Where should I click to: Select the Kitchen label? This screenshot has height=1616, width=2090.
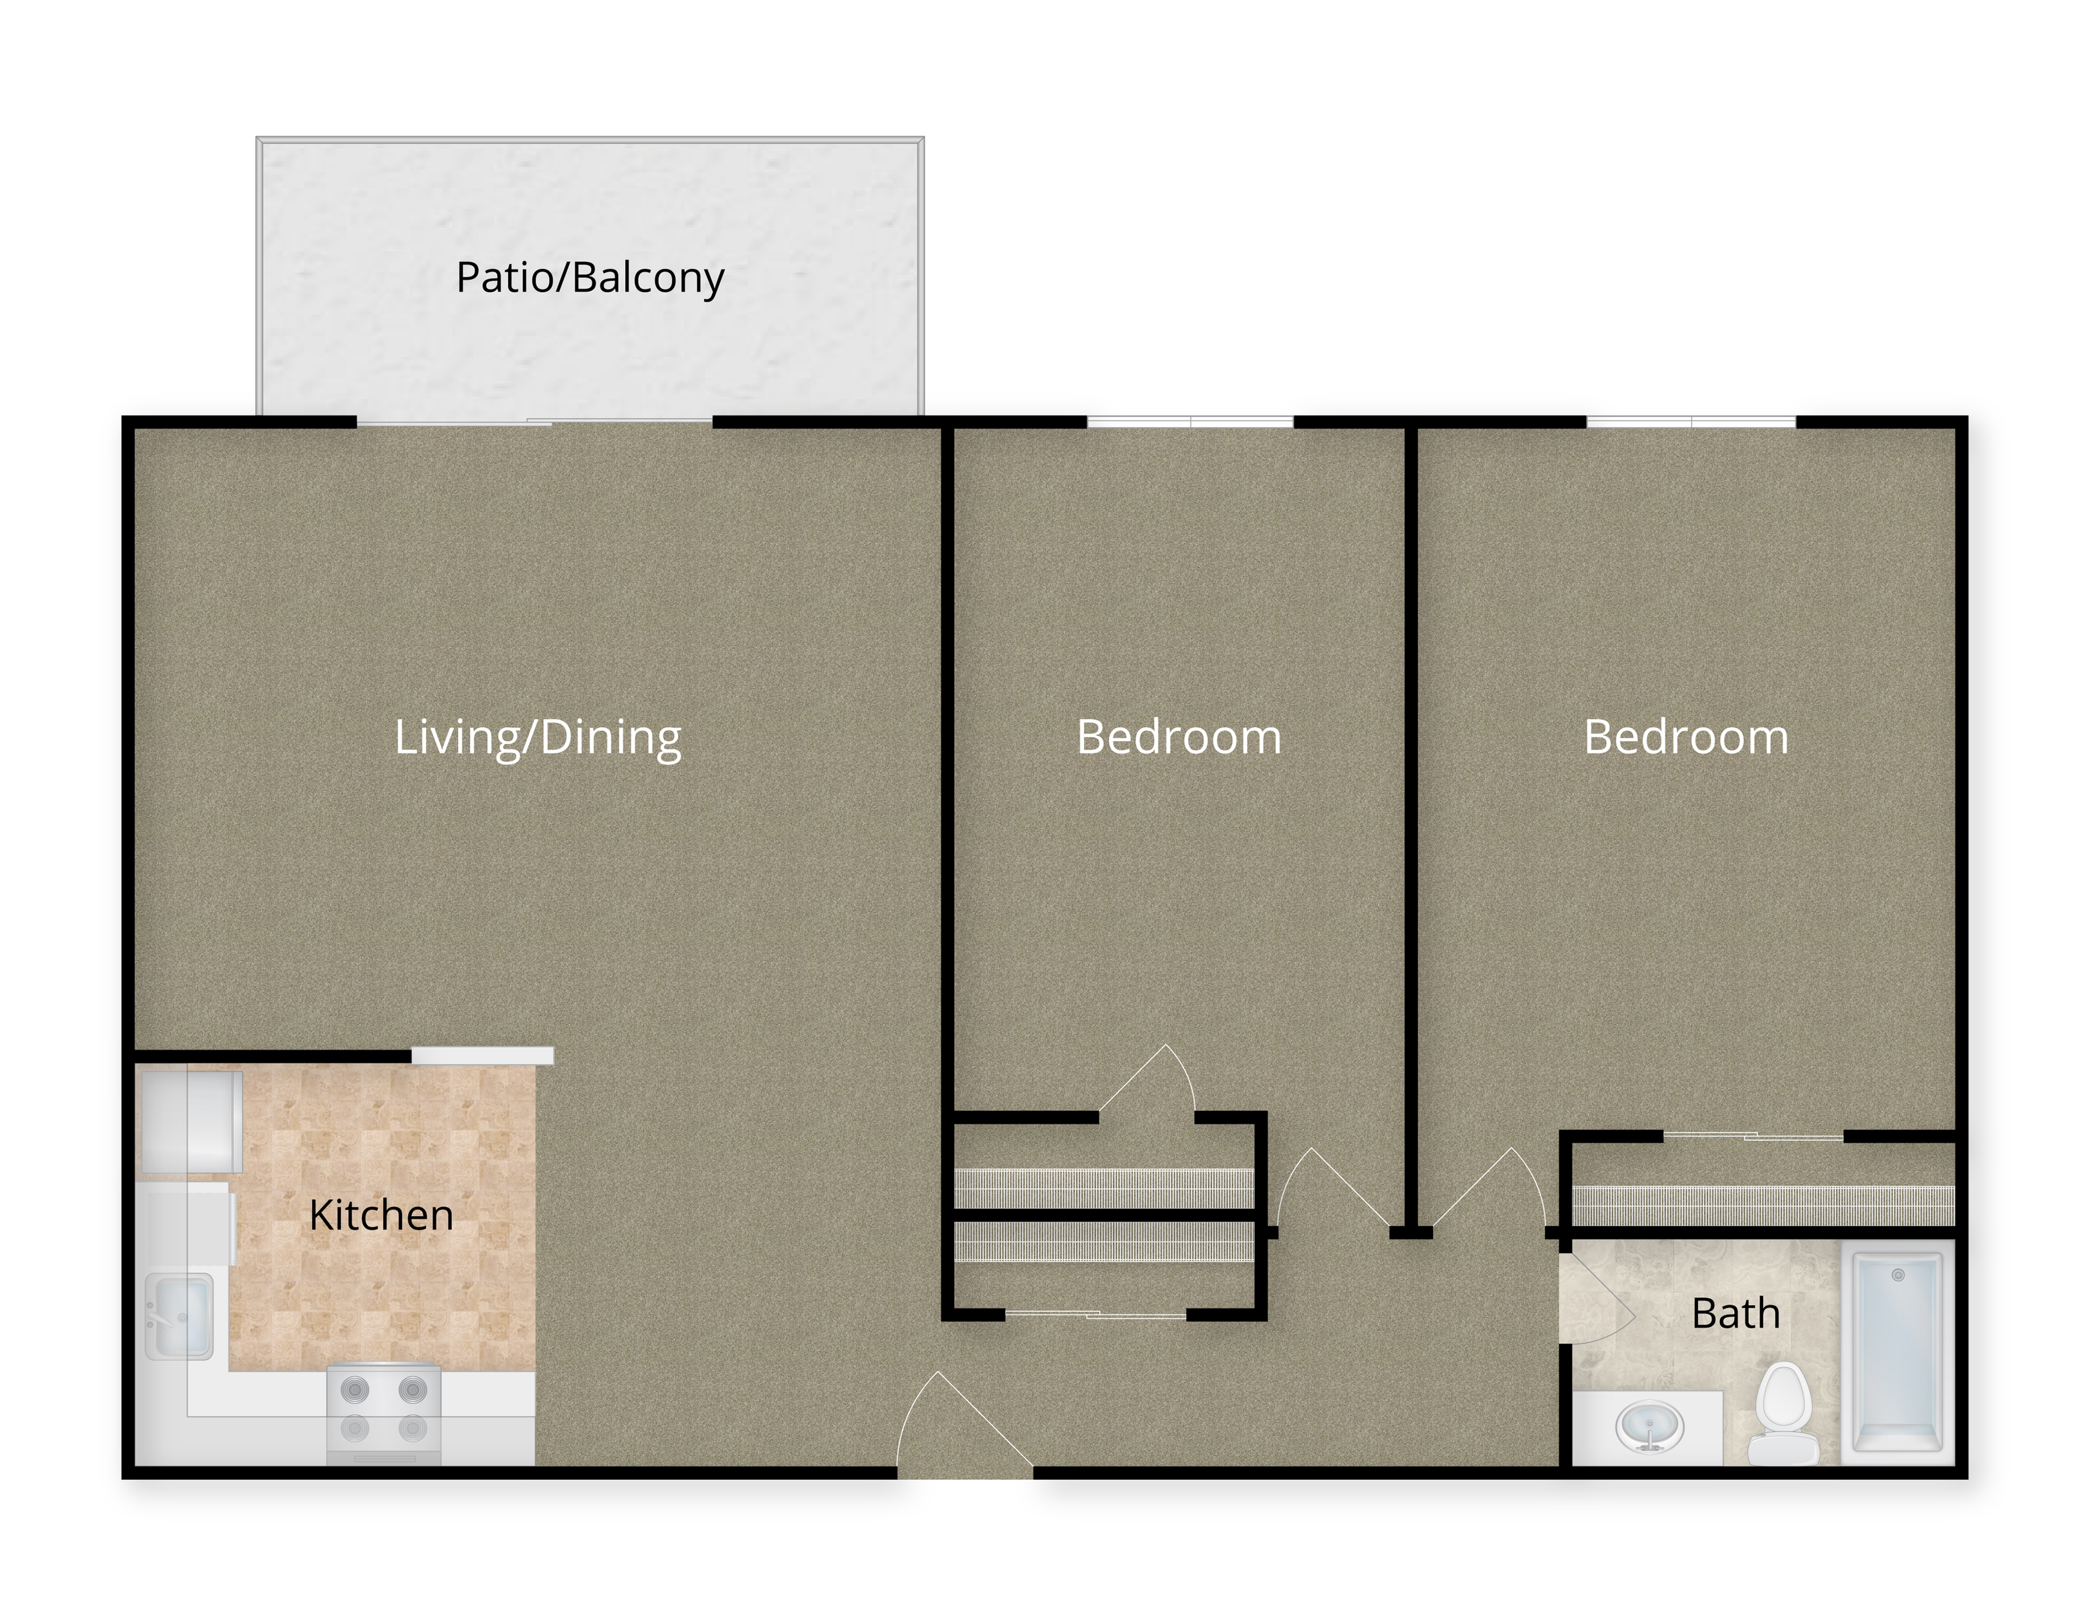coord(381,1215)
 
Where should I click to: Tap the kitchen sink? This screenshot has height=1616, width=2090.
coord(179,1316)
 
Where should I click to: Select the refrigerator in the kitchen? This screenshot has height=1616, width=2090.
coord(189,1121)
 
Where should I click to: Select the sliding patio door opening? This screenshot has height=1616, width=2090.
coord(535,421)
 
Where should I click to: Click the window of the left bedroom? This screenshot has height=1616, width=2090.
coord(1190,421)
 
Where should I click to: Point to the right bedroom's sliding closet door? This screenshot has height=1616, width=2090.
coord(1753,1136)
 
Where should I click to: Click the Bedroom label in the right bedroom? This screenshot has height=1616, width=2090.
coord(1686,737)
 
